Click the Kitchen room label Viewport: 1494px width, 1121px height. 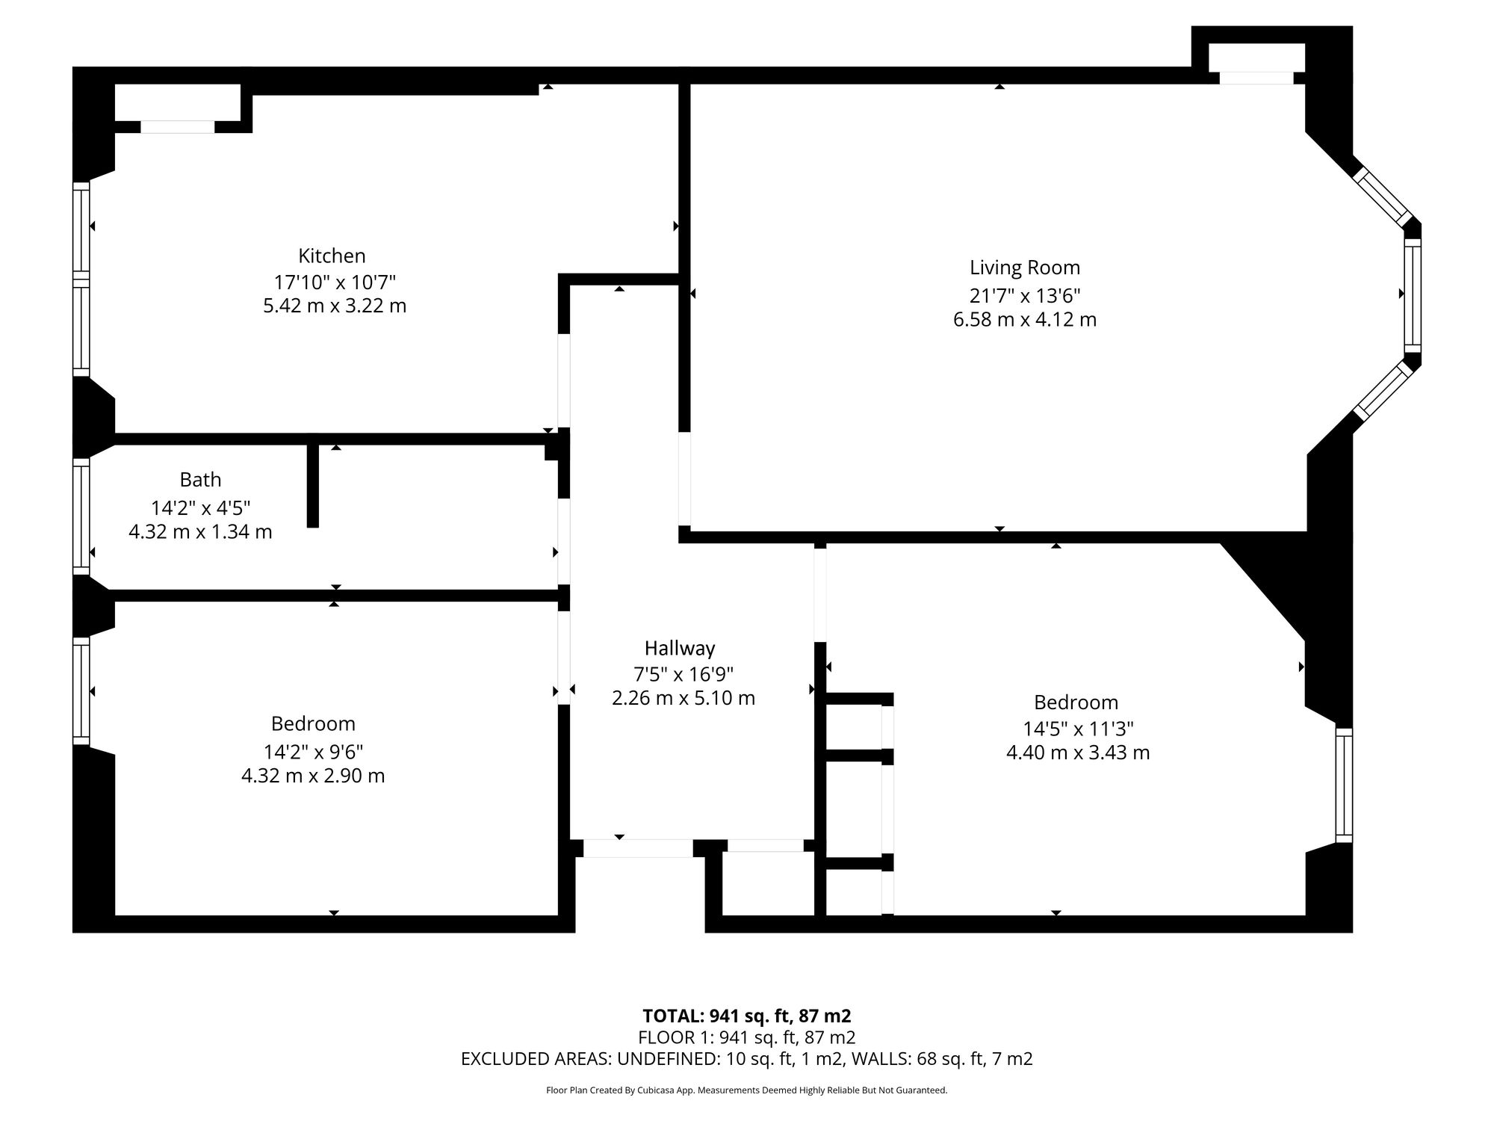(x=332, y=256)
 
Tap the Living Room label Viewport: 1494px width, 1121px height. (x=1025, y=268)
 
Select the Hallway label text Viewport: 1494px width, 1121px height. (x=680, y=648)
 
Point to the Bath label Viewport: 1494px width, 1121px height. (x=200, y=479)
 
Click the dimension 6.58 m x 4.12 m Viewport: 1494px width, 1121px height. (x=1025, y=320)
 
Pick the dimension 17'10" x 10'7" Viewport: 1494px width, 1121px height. (x=335, y=282)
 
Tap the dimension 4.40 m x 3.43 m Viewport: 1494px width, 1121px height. (x=1078, y=753)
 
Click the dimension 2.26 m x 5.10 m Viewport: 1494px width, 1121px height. (x=684, y=698)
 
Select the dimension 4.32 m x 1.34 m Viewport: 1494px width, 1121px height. (x=200, y=532)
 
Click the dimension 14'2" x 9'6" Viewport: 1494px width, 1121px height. (x=313, y=751)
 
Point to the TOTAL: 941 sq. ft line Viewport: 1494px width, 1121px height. (x=747, y=1016)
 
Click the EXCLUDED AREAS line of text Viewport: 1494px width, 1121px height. (x=747, y=1059)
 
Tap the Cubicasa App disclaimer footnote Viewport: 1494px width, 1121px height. (x=747, y=1090)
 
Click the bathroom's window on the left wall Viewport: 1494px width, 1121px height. (x=81, y=516)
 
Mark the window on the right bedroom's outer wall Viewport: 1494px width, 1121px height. (x=1344, y=785)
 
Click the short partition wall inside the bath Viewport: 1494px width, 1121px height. (x=313, y=486)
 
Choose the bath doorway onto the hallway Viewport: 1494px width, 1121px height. (x=564, y=542)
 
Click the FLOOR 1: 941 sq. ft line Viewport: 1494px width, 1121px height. (x=747, y=1037)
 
